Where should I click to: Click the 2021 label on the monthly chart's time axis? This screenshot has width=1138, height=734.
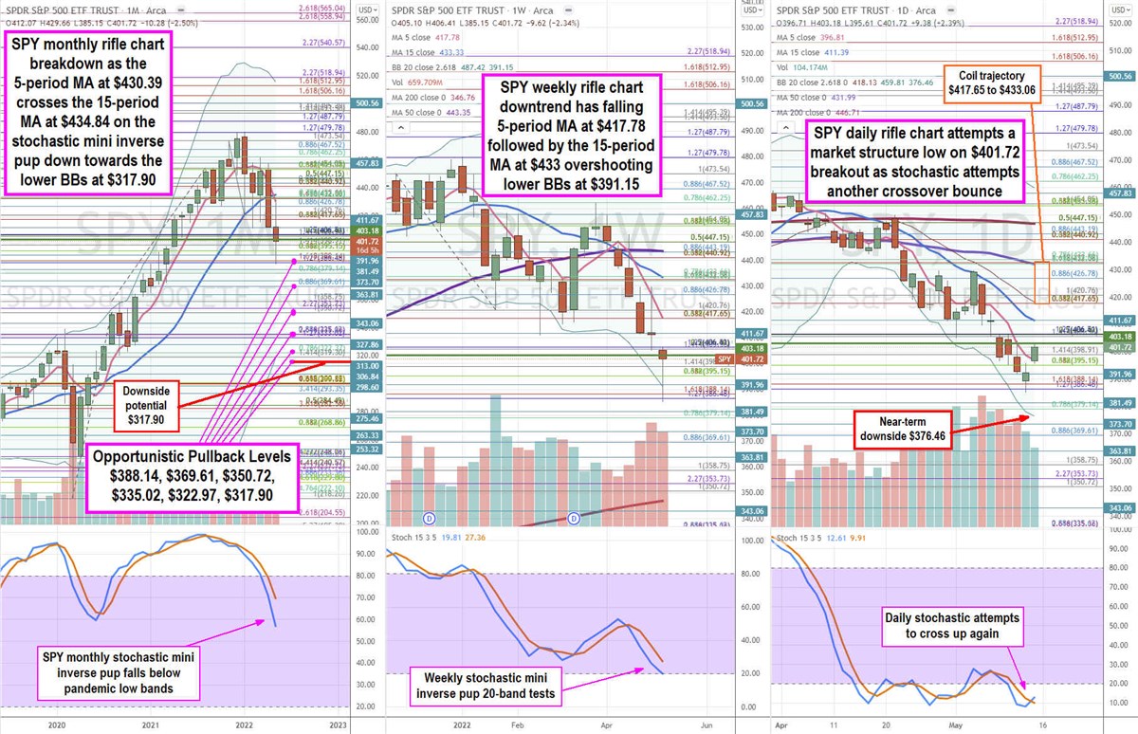coord(146,724)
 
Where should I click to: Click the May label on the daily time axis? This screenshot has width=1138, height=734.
coord(957,724)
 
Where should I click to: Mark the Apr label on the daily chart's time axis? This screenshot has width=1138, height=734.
coord(781,724)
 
